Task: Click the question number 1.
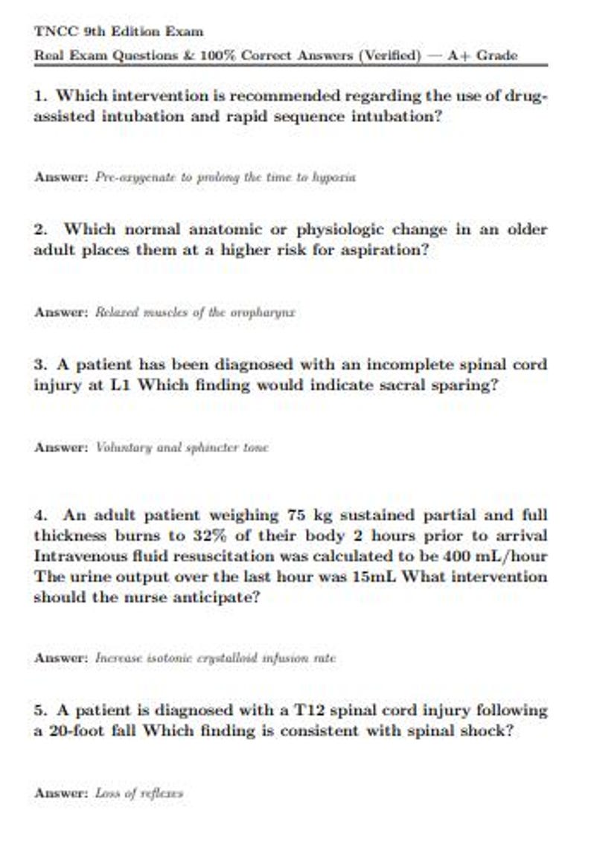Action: (x=40, y=96)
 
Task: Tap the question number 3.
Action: (x=40, y=365)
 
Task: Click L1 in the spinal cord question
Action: (x=121, y=386)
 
